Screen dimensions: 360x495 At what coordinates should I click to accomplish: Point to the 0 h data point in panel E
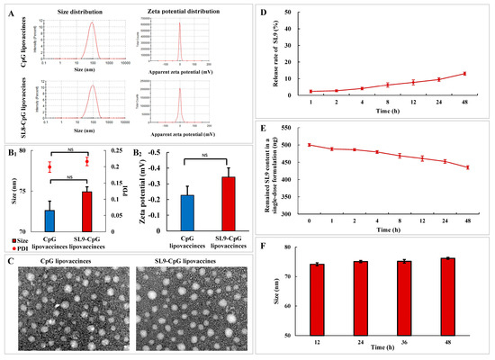tap(310, 145)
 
